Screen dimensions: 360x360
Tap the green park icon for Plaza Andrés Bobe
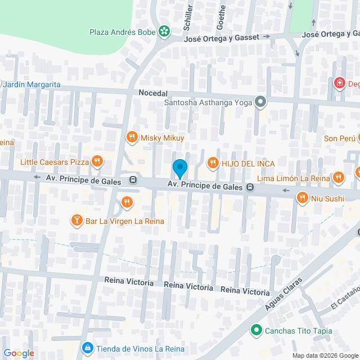(x=164, y=32)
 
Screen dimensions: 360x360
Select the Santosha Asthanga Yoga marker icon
(x=260, y=102)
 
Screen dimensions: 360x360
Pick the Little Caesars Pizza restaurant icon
(x=97, y=162)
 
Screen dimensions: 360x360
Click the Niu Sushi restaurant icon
(x=303, y=197)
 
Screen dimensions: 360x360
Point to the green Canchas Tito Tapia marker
(x=256, y=330)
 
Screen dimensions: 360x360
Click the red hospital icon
(x=339, y=84)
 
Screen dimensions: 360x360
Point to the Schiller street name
(x=189, y=17)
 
